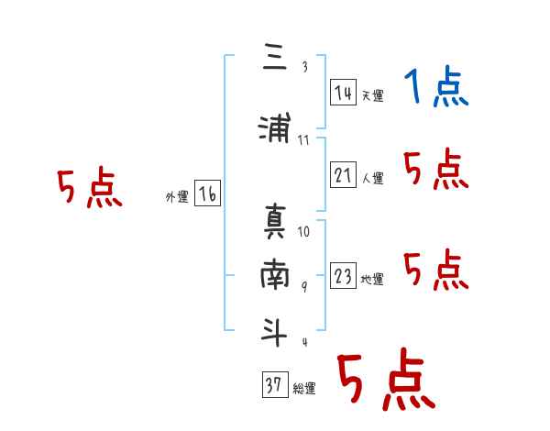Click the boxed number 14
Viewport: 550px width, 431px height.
[x=343, y=93]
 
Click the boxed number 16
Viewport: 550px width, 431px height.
[x=207, y=194]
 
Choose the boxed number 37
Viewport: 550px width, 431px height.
[x=274, y=386]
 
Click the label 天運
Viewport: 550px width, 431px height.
[x=371, y=95]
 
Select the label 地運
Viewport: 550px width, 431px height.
[x=371, y=280]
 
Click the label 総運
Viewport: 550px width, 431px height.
[x=303, y=389]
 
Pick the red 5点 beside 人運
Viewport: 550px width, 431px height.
[x=436, y=171]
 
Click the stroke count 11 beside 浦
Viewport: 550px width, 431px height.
[x=304, y=139]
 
